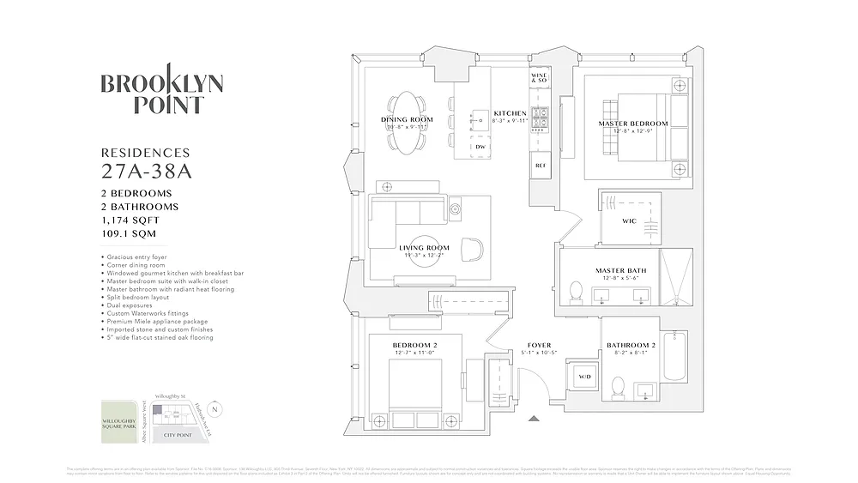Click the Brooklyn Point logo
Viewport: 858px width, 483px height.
tap(162, 94)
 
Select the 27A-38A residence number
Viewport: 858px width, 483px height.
tap(147, 170)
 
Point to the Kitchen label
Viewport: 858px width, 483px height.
tap(510, 113)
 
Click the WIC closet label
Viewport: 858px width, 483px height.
tap(628, 221)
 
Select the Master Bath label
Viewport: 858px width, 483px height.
tap(620, 271)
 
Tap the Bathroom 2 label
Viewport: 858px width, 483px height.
tap(631, 346)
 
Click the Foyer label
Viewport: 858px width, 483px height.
tap(539, 346)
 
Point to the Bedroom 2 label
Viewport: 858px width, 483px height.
tap(415, 345)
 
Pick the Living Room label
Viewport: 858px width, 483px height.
tap(424, 249)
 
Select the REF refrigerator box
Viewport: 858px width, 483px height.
tap(541, 165)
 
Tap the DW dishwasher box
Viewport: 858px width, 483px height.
tap(480, 147)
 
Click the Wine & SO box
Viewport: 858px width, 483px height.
tap(539, 79)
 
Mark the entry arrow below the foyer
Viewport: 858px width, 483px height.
tap(535, 419)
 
